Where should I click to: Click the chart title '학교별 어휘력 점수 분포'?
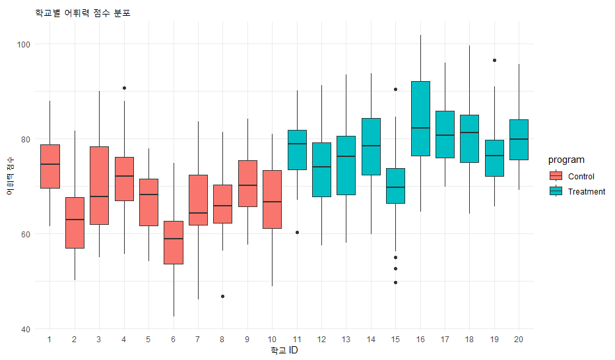tap(82, 13)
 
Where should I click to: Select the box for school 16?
tap(420, 119)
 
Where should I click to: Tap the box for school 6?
tap(174, 243)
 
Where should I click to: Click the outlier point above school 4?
tap(124, 88)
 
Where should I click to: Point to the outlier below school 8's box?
tap(223, 296)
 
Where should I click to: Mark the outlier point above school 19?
tap(494, 60)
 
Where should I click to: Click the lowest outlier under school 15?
tap(395, 282)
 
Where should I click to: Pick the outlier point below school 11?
tap(297, 232)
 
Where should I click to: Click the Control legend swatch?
tap(556, 176)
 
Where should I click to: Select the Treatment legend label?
tap(586, 192)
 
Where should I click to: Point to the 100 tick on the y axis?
tap(27, 44)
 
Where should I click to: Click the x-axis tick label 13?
tap(346, 339)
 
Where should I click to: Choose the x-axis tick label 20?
tap(519, 339)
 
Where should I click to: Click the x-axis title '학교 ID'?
tap(284, 351)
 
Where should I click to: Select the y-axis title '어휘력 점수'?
tap(9, 177)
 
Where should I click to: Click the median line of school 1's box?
tap(50, 164)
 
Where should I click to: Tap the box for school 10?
tap(273, 199)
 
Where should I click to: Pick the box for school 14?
tap(371, 146)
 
